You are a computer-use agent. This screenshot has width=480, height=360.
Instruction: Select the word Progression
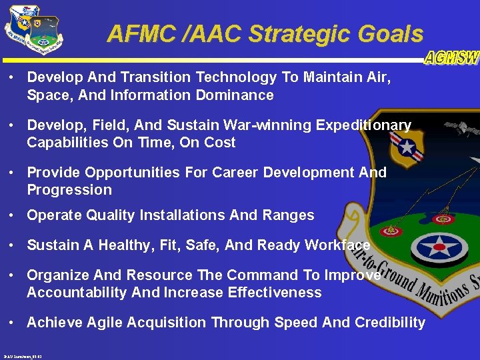click(x=69, y=190)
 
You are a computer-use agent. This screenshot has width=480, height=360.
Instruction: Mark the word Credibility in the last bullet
click(x=390, y=323)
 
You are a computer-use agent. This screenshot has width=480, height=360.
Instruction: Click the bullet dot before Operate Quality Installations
click(x=13, y=215)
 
